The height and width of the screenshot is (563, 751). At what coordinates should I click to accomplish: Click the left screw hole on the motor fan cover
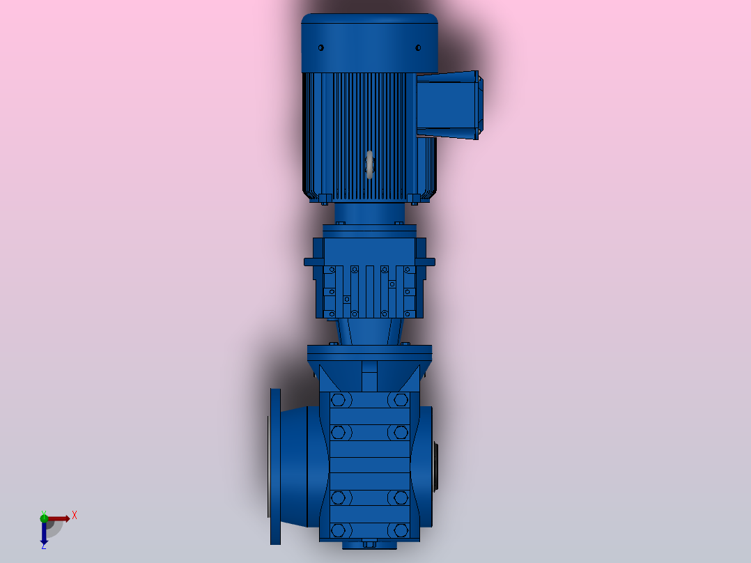pyautogui.click(x=321, y=48)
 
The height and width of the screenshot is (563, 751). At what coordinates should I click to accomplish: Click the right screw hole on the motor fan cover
pyautogui.click(x=418, y=48)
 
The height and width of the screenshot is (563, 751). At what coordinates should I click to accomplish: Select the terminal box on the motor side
pyautogui.click(x=449, y=105)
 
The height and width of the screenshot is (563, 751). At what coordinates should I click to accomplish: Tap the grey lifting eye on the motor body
pyautogui.click(x=369, y=165)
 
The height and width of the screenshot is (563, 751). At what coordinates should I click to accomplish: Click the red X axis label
pyautogui.click(x=75, y=516)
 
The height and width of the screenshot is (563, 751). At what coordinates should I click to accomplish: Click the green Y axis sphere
pyautogui.click(x=44, y=518)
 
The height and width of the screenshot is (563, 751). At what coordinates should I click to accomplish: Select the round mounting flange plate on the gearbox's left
pyautogui.click(x=275, y=466)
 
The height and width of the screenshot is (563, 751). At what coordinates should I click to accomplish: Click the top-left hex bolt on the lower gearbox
pyautogui.click(x=338, y=400)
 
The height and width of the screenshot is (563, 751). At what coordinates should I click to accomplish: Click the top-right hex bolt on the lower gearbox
pyautogui.click(x=401, y=400)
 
